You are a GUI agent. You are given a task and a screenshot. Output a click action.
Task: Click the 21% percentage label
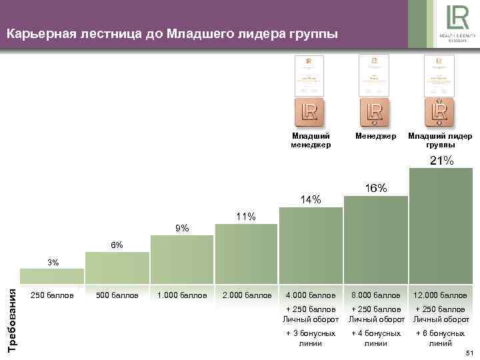441,161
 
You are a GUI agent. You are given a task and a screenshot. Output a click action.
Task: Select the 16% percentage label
376,189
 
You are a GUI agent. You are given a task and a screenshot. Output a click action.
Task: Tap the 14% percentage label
311,200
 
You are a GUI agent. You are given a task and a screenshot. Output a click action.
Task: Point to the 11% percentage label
246,217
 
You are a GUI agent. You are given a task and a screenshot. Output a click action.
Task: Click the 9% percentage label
181,229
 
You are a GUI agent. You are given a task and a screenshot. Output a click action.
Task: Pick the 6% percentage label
117,245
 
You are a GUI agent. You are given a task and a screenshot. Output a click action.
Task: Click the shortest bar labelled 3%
52,276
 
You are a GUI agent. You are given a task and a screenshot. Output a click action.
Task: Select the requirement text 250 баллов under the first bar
52,295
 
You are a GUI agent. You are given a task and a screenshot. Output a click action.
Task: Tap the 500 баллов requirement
117,295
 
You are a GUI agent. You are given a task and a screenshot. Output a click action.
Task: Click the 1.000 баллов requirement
181,295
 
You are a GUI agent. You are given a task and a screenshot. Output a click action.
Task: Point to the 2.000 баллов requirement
246,295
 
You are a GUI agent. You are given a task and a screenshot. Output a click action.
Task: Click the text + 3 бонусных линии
311,337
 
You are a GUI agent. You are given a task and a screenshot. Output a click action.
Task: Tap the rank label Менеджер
376,136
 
